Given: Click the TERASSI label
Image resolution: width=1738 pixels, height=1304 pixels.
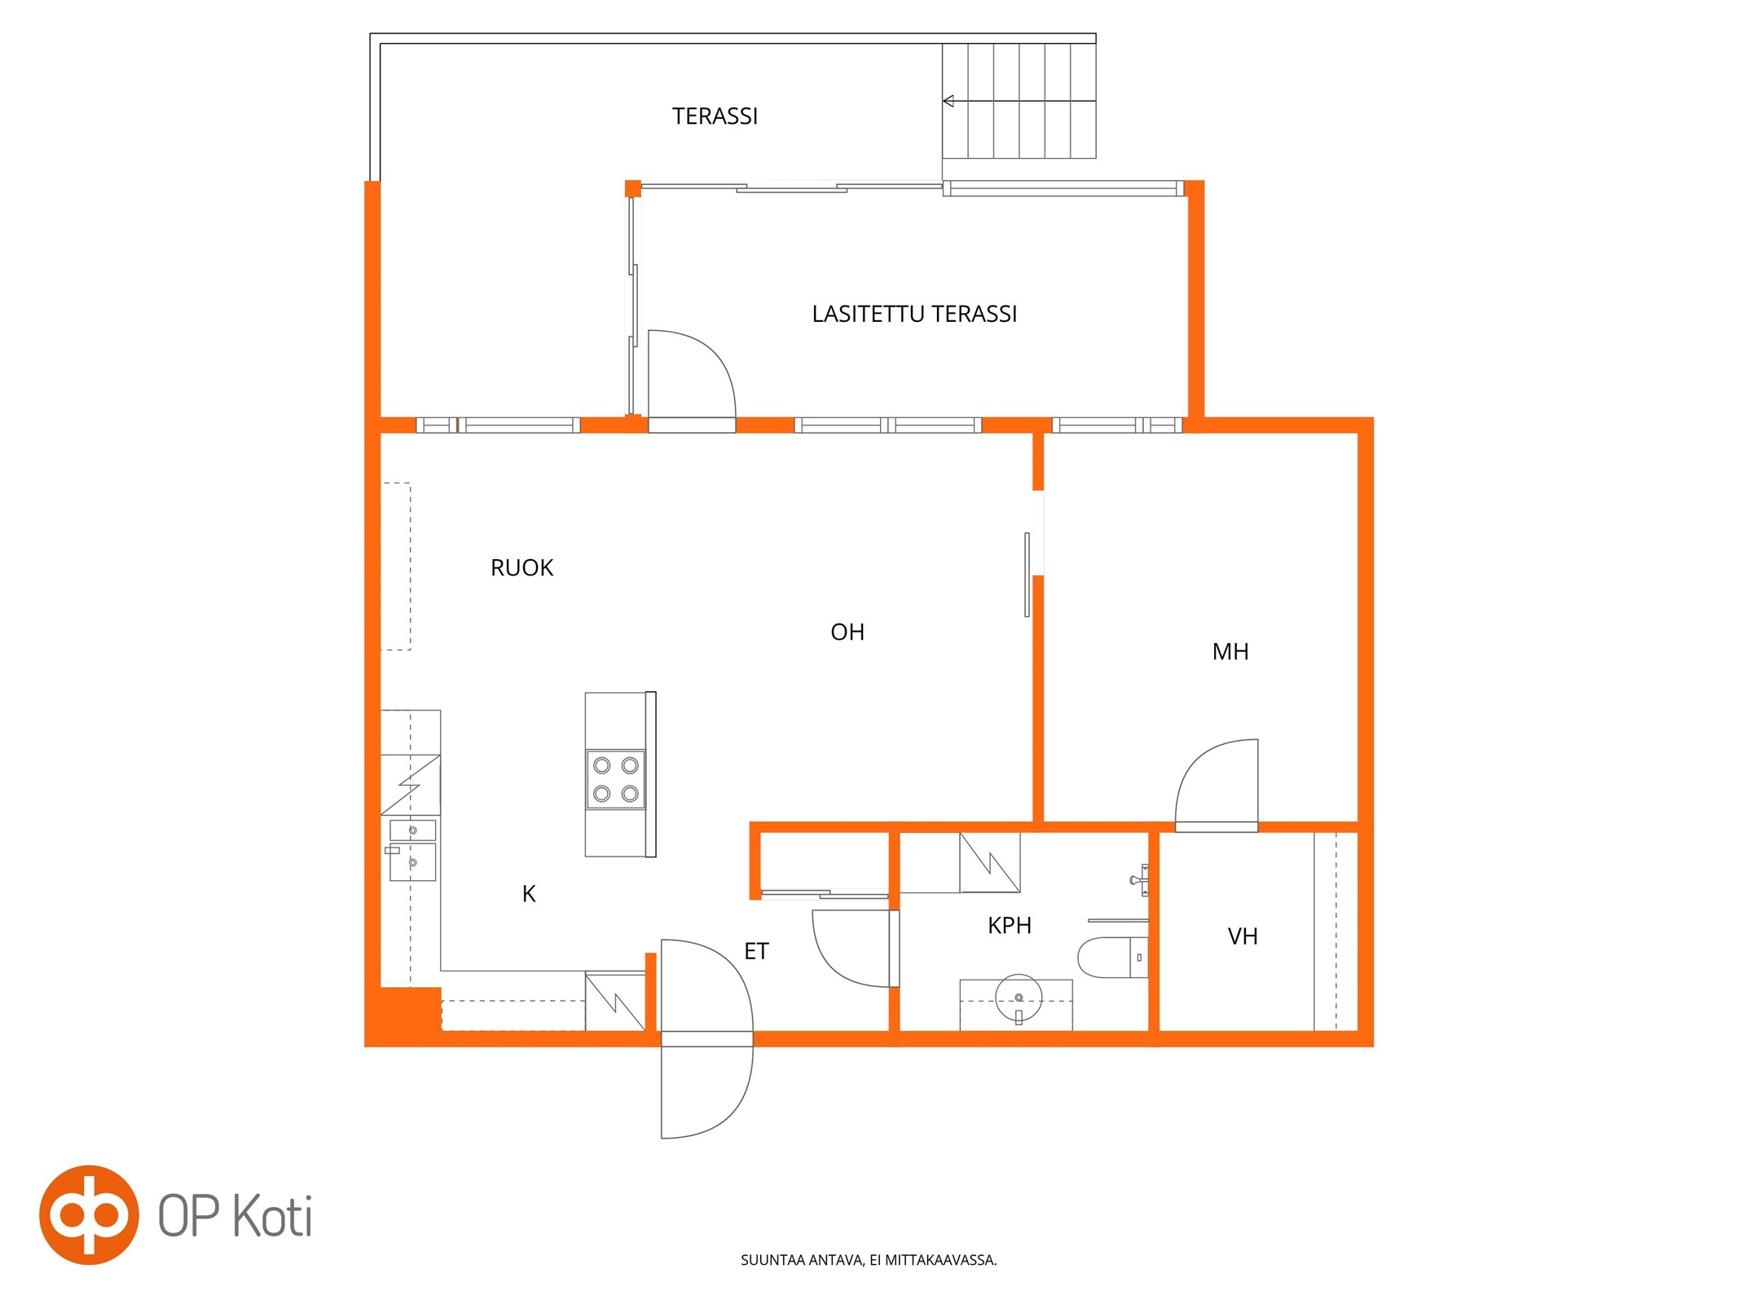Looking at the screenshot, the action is [715, 117].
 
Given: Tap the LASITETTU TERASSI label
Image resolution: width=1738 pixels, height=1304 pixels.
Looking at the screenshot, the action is [914, 315].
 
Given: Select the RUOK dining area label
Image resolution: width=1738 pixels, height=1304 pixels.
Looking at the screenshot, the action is [521, 568].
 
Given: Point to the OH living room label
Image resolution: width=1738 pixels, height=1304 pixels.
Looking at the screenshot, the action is [847, 632].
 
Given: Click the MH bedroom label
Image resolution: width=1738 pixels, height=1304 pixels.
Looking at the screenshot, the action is [1230, 652].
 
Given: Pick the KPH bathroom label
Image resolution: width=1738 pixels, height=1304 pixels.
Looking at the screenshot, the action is [1010, 926].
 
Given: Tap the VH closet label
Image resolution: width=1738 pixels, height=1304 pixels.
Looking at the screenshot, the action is [1243, 937].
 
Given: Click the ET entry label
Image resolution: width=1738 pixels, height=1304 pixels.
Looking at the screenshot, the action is [756, 951].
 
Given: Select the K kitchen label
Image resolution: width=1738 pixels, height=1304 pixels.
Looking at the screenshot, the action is [529, 894].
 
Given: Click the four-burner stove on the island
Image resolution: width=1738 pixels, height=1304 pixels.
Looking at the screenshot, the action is [615, 779].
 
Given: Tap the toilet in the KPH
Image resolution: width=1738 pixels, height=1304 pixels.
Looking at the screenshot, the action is [1112, 958].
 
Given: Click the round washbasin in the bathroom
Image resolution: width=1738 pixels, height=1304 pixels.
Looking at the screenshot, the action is [1019, 998].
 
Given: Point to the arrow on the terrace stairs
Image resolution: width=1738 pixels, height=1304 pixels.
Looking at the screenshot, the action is [1019, 101].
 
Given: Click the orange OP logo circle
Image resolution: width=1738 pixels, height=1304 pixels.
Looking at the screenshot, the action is [90, 1214].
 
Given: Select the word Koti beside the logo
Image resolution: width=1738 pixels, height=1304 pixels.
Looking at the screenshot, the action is [273, 1216].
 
